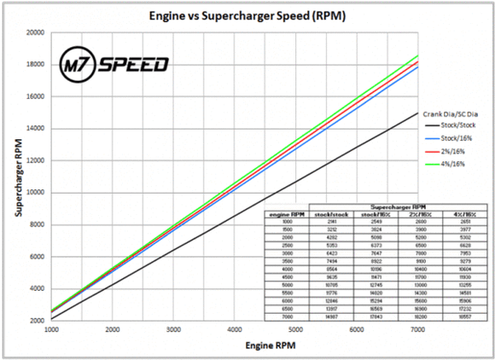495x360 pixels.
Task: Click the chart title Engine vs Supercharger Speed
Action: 242,15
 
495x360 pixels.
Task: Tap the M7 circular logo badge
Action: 79,65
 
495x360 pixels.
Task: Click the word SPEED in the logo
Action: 134,65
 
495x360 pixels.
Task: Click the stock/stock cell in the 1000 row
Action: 328,222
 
